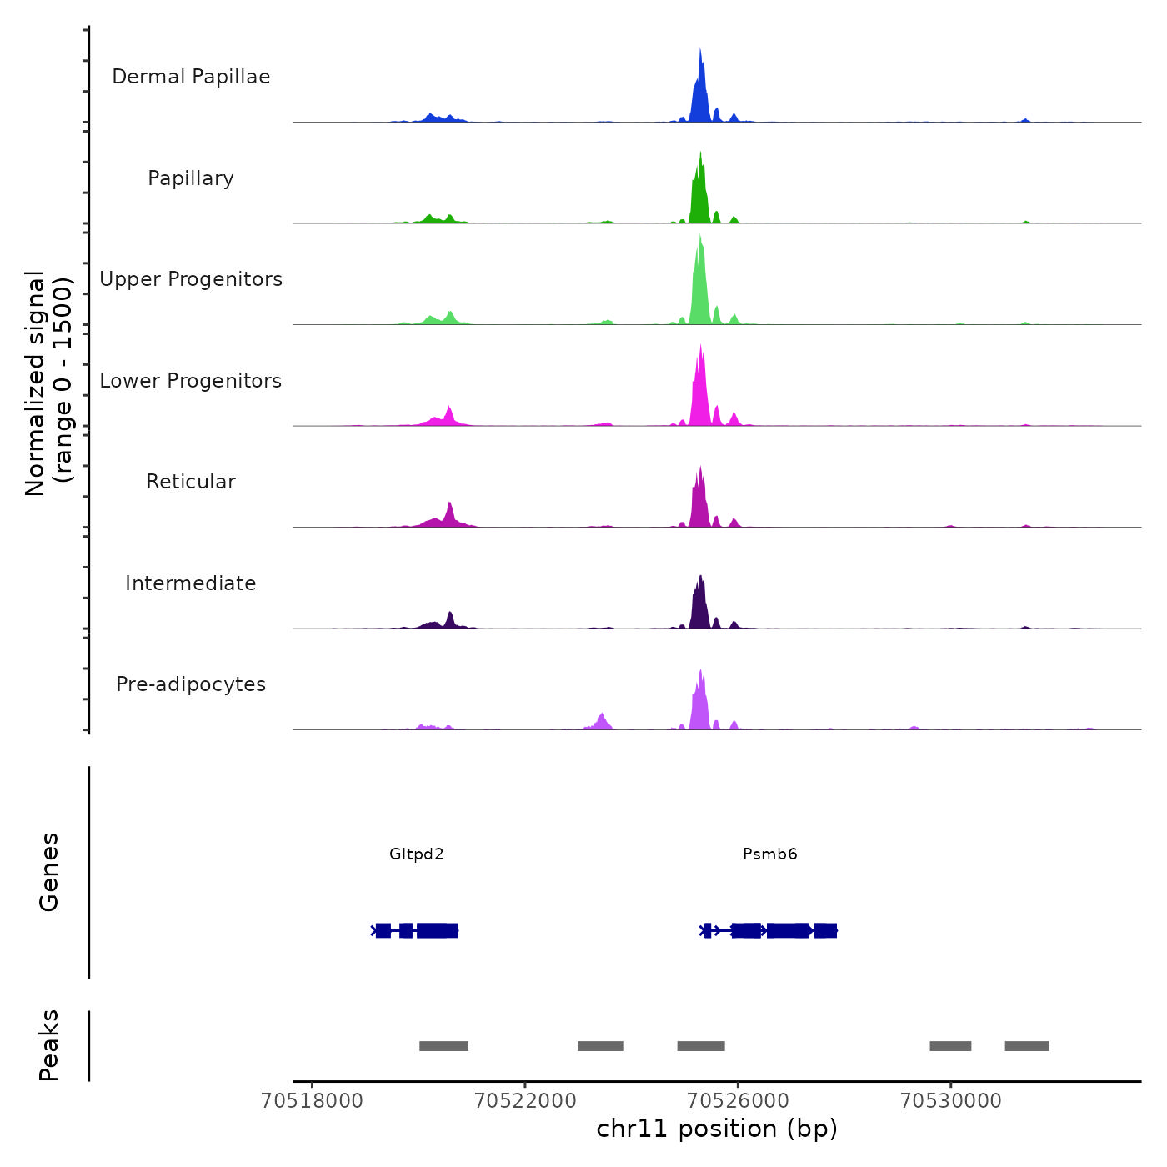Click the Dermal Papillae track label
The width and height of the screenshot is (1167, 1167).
[191, 77]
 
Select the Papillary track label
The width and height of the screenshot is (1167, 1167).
[191, 178]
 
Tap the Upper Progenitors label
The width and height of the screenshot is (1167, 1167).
[191, 279]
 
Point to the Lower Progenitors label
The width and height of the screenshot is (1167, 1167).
[191, 381]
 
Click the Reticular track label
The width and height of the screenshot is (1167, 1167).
[191, 482]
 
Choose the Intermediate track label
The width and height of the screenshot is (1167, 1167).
[191, 583]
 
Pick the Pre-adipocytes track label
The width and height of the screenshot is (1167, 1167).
[191, 684]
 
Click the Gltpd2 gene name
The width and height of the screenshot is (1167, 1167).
[417, 854]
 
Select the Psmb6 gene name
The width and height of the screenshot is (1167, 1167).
[770, 854]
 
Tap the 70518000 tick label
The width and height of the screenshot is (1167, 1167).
[313, 1101]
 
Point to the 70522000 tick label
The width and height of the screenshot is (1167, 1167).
[525, 1101]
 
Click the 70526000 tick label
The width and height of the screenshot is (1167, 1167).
[738, 1101]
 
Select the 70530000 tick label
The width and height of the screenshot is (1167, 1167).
[951, 1101]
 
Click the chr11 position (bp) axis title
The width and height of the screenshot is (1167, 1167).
[717, 1129]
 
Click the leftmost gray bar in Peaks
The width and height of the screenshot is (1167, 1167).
[443, 1046]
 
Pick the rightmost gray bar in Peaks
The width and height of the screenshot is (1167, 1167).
[1027, 1046]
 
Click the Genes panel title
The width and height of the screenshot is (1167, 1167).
[49, 872]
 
